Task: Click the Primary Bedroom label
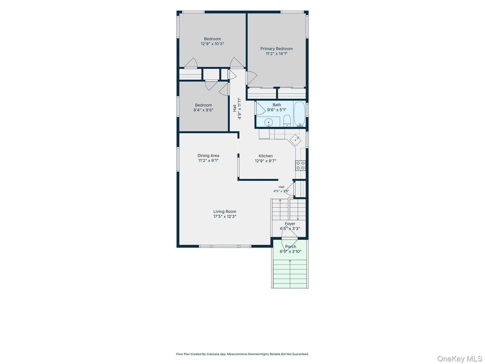(x=276, y=49)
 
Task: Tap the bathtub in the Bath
(x=299, y=114)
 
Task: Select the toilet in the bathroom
(x=287, y=121)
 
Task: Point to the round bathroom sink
(x=268, y=122)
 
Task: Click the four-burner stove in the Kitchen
(x=300, y=165)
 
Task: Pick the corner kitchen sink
(x=295, y=140)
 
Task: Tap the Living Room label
(x=224, y=212)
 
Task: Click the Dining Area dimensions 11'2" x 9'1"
(x=208, y=161)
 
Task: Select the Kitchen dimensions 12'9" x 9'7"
(x=266, y=161)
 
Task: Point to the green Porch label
(x=290, y=246)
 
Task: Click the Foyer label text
(x=290, y=224)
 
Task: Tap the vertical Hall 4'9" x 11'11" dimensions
(x=240, y=108)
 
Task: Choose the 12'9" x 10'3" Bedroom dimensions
(x=212, y=44)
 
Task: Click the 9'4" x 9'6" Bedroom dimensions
(x=203, y=110)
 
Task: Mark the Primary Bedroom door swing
(x=252, y=78)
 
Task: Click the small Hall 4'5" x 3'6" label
(x=281, y=189)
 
